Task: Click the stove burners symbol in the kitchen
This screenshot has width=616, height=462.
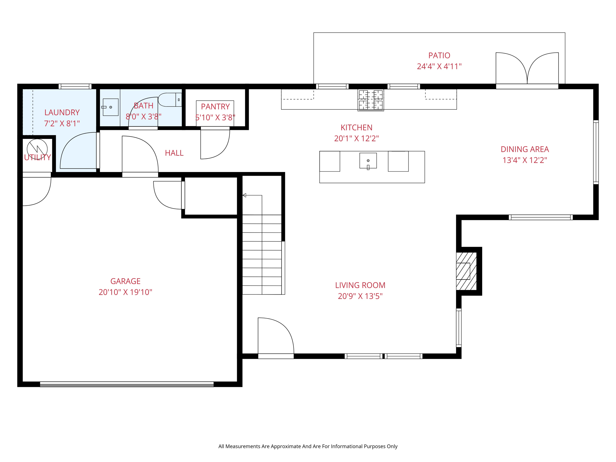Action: (x=371, y=100)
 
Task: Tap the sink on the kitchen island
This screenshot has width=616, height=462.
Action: (x=368, y=161)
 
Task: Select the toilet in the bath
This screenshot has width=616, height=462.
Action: (x=169, y=100)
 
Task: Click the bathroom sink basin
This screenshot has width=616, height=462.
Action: (x=110, y=107)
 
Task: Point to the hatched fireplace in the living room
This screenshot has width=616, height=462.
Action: (x=466, y=271)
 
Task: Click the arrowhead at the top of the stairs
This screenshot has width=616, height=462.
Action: (x=245, y=196)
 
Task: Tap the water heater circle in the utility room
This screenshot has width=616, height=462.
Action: (x=37, y=149)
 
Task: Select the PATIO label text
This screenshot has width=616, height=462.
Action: (x=439, y=55)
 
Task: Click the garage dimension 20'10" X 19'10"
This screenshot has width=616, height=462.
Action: (x=125, y=292)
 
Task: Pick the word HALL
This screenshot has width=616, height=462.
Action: (x=174, y=153)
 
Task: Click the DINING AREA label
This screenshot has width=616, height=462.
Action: (x=525, y=149)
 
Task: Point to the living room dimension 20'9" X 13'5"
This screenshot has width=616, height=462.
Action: (x=360, y=296)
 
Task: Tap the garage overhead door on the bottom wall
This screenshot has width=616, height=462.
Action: (x=127, y=384)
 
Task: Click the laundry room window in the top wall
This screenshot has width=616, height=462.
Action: (x=75, y=87)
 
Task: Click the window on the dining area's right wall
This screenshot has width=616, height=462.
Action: (x=596, y=152)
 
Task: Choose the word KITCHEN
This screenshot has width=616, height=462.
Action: (x=356, y=128)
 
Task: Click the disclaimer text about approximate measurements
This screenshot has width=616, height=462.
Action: (x=308, y=446)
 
